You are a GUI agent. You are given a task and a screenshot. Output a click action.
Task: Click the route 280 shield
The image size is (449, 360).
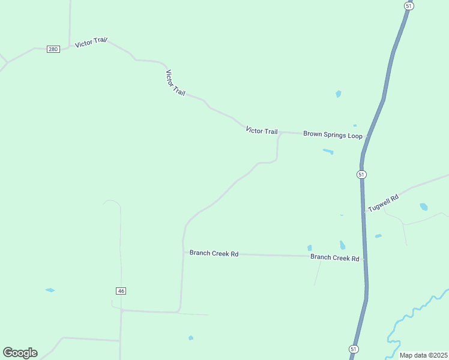coord(53,49)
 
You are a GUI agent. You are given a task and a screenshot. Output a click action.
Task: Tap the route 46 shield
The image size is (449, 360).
coord(121,291)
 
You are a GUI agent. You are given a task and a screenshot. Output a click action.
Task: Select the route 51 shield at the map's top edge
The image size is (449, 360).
coord(408,5)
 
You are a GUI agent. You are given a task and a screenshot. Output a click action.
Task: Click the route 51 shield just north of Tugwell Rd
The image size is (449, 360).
coord(361,174)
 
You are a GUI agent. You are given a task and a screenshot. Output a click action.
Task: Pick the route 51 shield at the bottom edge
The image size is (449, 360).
coord(353,349)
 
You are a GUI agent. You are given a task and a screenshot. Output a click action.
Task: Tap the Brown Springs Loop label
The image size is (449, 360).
coord(333,135)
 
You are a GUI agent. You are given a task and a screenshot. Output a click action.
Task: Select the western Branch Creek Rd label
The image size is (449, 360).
coord(214,253)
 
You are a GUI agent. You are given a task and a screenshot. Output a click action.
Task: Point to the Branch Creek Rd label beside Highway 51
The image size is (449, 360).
coord(334,257)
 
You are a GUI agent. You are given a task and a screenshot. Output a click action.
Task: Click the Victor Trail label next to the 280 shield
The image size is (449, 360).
coord(91,43)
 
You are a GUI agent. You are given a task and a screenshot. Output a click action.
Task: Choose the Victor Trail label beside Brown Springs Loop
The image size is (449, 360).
coord(262,131)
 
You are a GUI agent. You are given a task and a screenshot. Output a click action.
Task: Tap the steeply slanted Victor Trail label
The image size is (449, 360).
coord(175,82)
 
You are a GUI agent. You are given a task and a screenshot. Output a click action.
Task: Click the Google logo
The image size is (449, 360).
coord(20,353)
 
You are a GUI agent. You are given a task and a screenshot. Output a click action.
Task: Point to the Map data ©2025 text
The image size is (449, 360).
coord(423,355)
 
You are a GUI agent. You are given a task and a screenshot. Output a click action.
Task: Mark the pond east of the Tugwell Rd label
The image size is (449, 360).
coord(424,207)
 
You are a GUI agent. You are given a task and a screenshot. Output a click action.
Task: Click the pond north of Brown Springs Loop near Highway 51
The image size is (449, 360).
coord(339,94)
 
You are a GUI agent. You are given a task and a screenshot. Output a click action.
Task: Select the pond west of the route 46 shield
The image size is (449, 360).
coord(50,290)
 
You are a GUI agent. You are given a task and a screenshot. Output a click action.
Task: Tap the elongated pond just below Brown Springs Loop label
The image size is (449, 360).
coord(328,151)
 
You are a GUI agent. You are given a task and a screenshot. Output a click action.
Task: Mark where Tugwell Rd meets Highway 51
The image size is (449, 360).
coord(364,212)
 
